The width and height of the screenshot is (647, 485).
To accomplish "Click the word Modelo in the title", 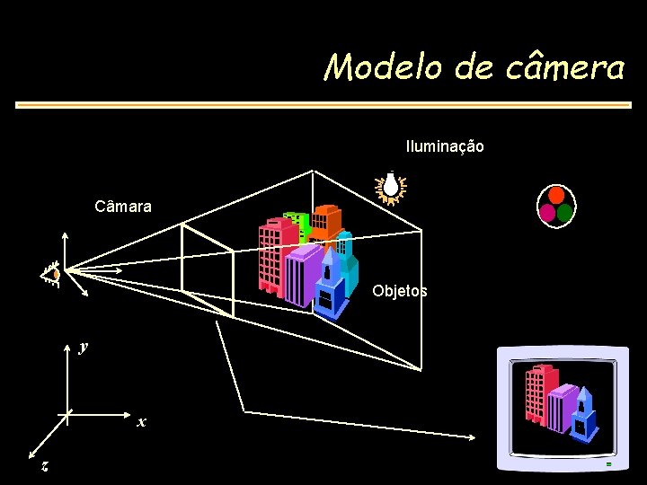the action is (x=370, y=66).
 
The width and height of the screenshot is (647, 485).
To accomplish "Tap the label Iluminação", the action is (x=445, y=145).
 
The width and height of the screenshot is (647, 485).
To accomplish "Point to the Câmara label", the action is (x=123, y=207).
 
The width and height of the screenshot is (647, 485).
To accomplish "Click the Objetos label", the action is (x=400, y=291).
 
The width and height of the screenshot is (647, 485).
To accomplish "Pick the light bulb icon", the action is (x=392, y=187).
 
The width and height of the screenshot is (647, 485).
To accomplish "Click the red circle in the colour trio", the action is (x=556, y=195).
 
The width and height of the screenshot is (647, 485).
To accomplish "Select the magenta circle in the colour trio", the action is (x=547, y=212).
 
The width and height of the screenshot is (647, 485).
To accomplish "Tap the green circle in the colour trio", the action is (x=565, y=213).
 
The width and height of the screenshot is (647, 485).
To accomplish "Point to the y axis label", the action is (x=83, y=346).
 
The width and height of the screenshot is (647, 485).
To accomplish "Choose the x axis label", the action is (x=141, y=421).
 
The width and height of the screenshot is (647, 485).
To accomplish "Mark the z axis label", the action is (x=44, y=466).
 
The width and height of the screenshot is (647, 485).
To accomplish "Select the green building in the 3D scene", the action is (x=295, y=224).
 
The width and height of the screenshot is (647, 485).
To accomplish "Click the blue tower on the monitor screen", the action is (x=584, y=413).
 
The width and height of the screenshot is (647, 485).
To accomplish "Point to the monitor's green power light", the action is (x=608, y=464).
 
